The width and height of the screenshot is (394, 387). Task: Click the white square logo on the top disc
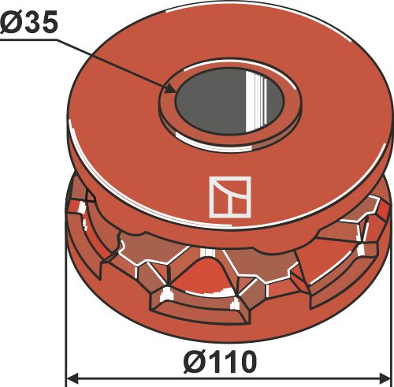pos(229,197)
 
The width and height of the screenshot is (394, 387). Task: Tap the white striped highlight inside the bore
pos(254,99)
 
